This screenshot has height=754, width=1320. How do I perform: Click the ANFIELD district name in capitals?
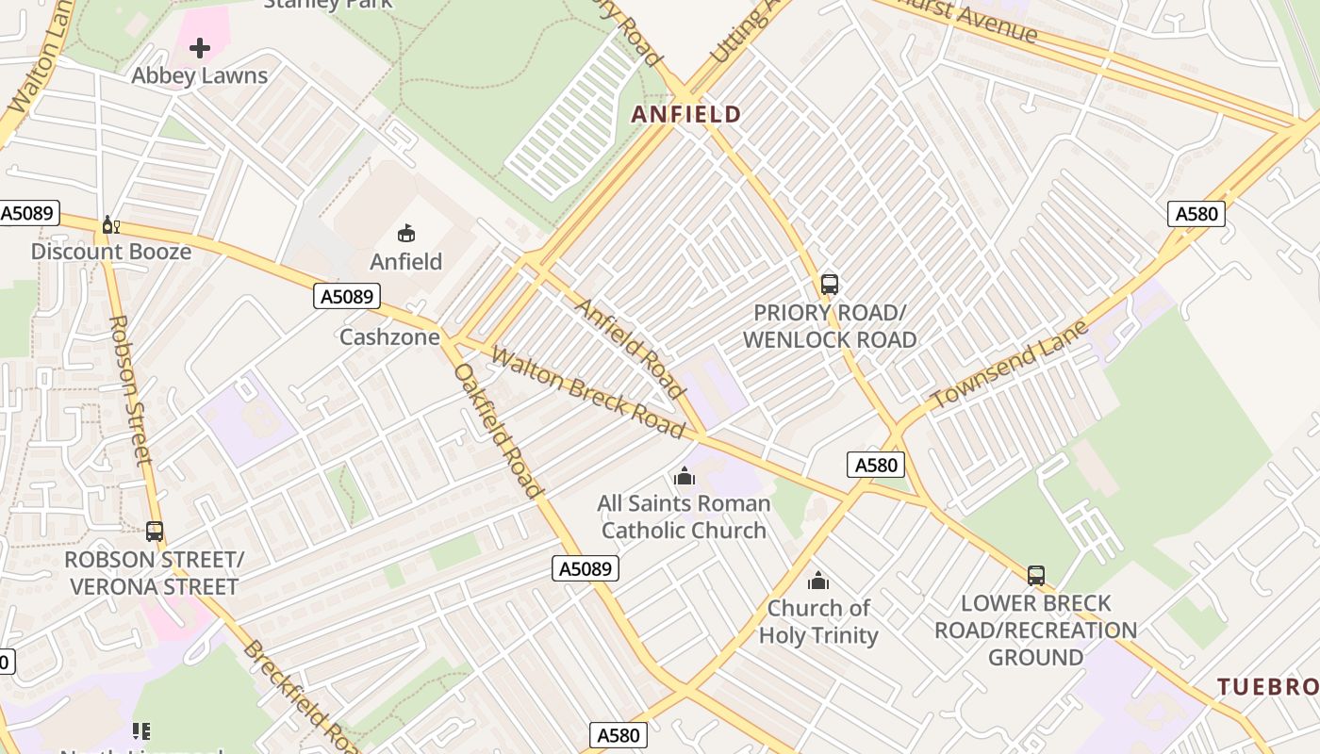tap(685, 115)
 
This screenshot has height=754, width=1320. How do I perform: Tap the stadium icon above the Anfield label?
tap(406, 233)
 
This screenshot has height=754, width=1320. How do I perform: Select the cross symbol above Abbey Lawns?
tap(200, 47)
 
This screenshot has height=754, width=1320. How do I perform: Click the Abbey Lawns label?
tap(200, 75)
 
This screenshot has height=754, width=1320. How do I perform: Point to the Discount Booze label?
tap(111, 252)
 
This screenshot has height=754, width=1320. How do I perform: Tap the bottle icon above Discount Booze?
tap(111, 224)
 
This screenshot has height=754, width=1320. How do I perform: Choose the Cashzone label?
tap(389, 336)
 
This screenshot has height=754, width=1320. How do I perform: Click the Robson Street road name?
tap(130, 389)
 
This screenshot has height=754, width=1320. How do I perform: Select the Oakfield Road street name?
tap(498, 430)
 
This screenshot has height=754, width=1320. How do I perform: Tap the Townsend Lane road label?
tap(1009, 365)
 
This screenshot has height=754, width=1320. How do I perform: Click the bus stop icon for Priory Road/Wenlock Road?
tap(830, 284)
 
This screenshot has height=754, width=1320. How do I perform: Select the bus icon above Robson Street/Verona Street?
tap(155, 532)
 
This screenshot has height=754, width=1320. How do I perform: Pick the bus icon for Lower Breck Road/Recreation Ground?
tap(1036, 575)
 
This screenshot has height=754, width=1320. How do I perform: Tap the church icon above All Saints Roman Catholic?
tap(685, 476)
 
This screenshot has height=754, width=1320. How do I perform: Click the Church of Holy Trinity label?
tap(818, 621)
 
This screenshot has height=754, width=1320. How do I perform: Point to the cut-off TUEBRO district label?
tap(1267, 686)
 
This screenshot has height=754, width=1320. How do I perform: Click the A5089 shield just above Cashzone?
tap(347, 297)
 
